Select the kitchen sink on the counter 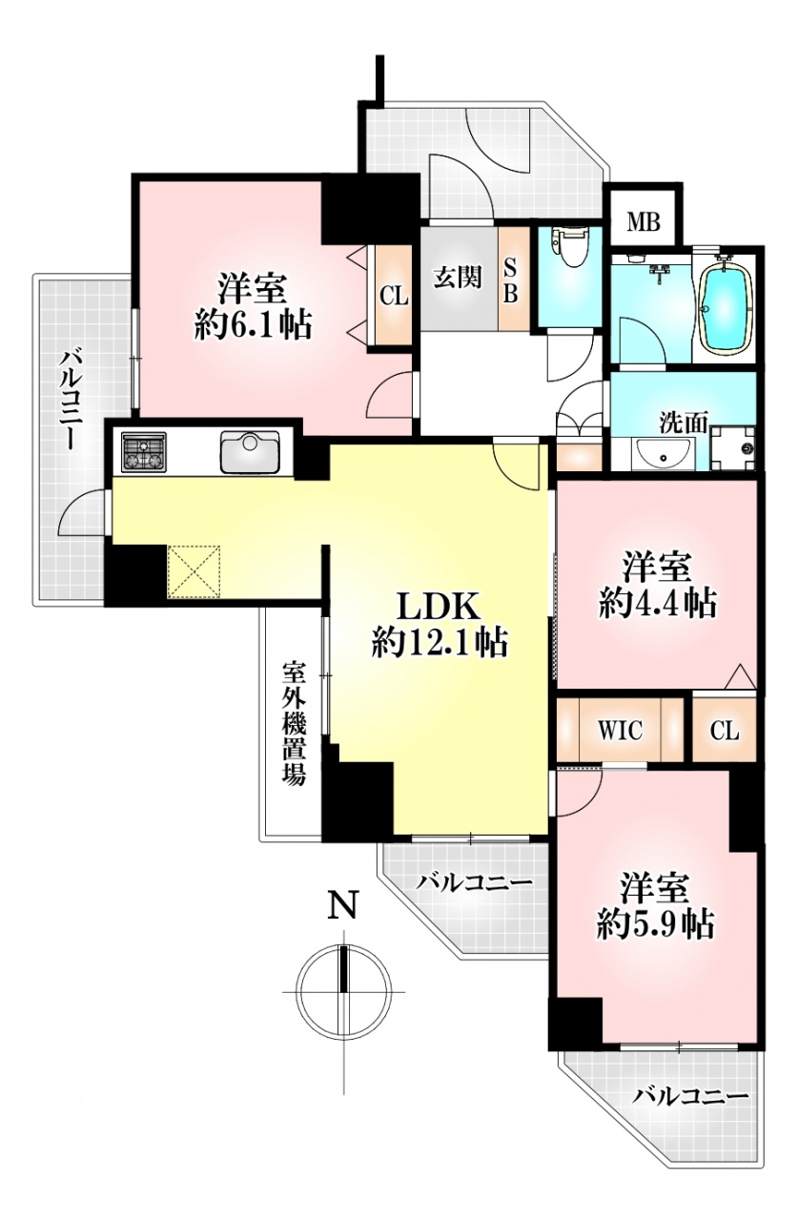tap(250, 452)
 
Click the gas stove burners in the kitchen tap(144, 451)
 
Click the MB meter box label tap(644, 222)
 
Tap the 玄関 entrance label tap(458, 278)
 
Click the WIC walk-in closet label tap(620, 730)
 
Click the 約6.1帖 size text tap(254, 326)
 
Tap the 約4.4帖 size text tap(658, 604)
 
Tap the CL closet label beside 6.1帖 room tap(394, 297)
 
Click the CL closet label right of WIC tap(725, 731)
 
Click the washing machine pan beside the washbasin tap(733, 447)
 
